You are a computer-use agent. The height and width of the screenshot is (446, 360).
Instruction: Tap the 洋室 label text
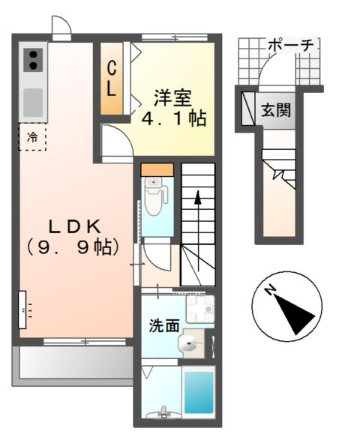pos(173,98)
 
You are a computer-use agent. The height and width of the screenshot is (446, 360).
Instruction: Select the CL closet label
pos(110,77)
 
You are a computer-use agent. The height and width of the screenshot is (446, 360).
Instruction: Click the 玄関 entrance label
pos(276,109)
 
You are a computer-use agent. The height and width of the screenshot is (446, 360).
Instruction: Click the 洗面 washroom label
pos(163,325)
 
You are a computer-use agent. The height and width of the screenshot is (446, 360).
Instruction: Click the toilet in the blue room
pos(156,196)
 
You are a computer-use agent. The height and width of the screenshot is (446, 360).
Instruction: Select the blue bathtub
pos(199,391)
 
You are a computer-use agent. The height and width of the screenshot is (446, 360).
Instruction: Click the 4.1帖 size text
pos(174,118)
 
